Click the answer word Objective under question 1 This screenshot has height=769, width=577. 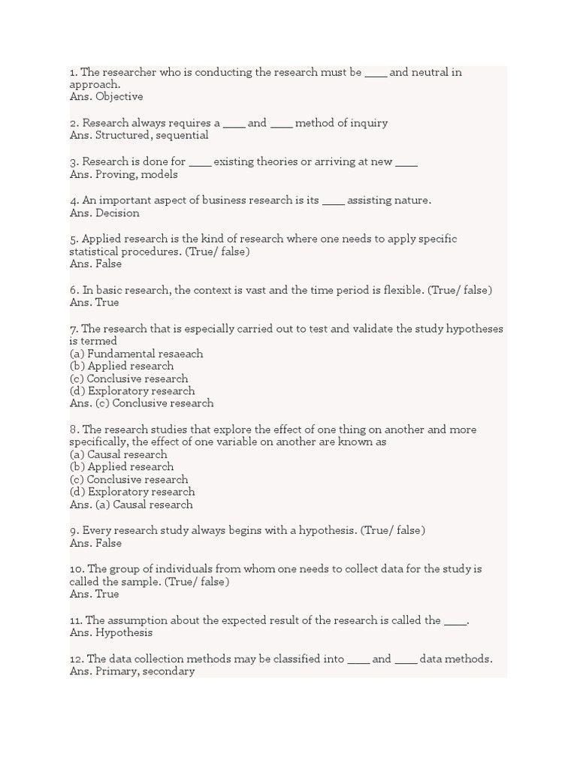point(119,97)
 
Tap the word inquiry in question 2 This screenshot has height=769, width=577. point(368,123)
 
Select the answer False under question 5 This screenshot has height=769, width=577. point(108,264)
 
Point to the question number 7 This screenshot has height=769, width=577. point(74,329)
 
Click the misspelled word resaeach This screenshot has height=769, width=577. point(180,354)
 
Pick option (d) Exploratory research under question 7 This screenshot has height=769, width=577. point(132,391)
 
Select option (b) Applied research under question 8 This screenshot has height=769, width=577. point(122,467)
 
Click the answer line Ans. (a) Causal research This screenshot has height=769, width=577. point(131,505)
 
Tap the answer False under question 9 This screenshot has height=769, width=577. point(108,543)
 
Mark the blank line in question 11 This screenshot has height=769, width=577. point(455,620)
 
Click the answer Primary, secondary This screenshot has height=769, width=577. point(144,671)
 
